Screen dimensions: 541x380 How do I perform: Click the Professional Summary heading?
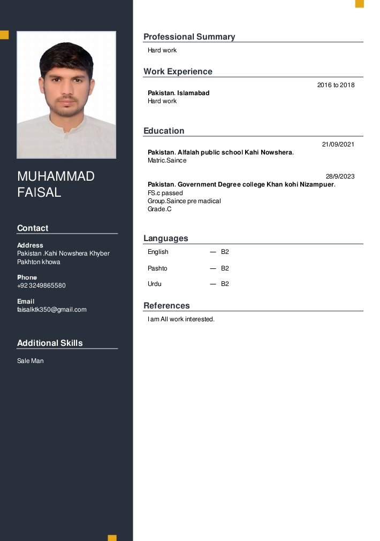pos(189,37)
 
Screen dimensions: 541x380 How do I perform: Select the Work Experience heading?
pos(178,72)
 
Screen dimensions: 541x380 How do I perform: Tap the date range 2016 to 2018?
pos(336,85)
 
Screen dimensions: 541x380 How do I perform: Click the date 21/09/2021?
pos(338,144)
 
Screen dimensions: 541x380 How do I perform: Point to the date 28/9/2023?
pos(340,176)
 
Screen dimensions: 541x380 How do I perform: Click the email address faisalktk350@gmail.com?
pos(51,310)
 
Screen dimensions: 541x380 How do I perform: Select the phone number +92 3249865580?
pos(41,285)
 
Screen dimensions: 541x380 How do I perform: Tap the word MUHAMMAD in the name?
pos(56,176)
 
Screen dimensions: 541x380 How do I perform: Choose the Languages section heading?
pos(165,238)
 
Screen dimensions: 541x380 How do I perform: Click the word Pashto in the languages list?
pos(157,268)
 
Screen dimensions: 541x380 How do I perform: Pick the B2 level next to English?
pos(225,252)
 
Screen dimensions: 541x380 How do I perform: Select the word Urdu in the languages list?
pos(154,284)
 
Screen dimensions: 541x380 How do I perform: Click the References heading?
pos(166,306)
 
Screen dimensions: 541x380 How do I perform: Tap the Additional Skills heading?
pos(50,343)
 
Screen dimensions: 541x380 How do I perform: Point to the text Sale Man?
pos(30,361)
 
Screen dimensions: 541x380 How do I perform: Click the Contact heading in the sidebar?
pos(33,228)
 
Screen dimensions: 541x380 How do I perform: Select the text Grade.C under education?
pos(159,209)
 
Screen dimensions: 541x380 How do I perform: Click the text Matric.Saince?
pos(167,160)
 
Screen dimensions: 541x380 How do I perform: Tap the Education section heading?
pos(164,131)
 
